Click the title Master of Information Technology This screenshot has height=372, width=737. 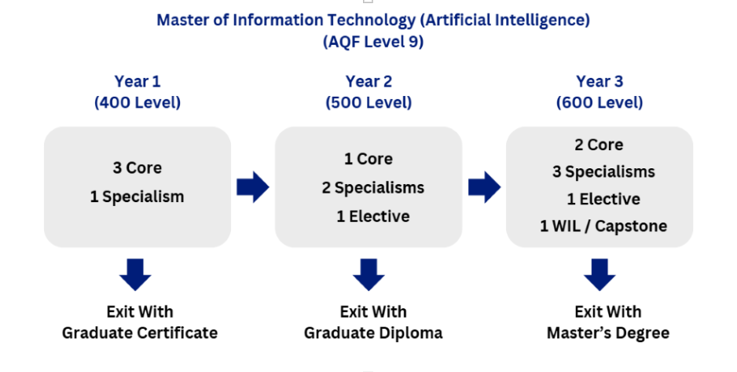click(372, 20)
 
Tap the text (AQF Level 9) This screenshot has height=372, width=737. click(373, 42)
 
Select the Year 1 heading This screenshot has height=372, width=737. click(137, 81)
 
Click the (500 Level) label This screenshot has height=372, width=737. click(368, 102)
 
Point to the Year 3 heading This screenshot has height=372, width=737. click(599, 81)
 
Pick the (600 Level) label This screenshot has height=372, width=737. click(599, 102)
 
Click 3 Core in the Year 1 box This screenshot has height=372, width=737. click(137, 168)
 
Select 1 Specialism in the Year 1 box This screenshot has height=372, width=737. click(137, 197)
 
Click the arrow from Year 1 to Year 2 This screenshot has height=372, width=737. click(252, 188)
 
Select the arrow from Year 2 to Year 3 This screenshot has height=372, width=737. click(484, 188)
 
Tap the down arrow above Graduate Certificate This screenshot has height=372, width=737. click(137, 274)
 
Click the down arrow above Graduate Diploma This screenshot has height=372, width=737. click(368, 274)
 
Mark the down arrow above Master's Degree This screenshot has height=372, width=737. click(600, 274)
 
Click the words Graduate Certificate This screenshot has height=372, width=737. click(140, 333)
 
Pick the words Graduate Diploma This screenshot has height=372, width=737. click(373, 333)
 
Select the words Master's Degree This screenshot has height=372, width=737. click(608, 333)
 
